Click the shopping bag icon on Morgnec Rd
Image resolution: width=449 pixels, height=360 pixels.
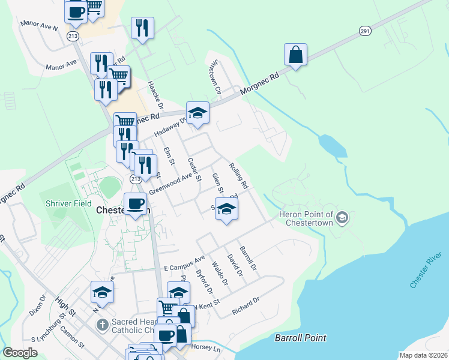(296, 55)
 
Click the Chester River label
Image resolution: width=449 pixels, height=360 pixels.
(426, 271)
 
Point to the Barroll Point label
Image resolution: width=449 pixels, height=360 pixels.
(300, 338)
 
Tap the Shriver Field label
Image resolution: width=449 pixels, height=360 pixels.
(69, 203)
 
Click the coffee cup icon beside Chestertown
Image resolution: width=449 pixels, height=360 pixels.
(135, 203)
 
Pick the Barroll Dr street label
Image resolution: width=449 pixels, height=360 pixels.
(247, 257)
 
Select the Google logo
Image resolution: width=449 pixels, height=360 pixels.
(20, 352)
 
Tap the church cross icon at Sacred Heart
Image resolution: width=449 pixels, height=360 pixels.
(103, 325)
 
